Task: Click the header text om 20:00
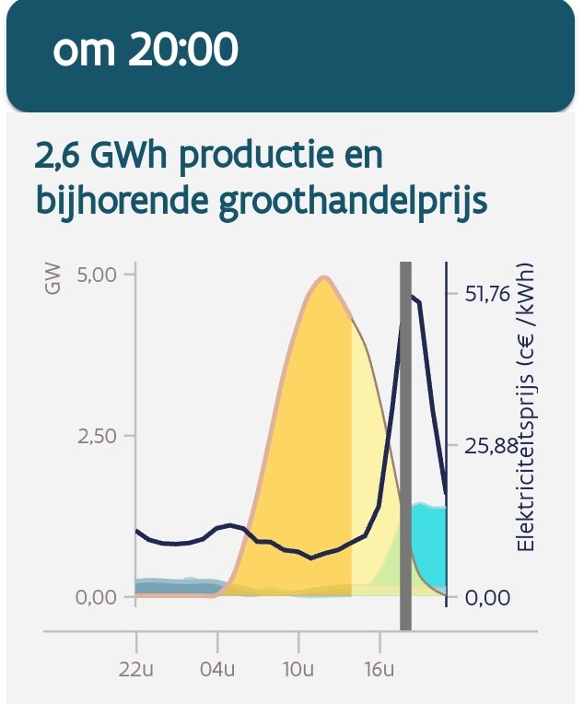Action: coord(146,52)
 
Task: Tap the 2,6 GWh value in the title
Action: coord(101,157)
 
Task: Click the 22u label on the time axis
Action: coord(136,667)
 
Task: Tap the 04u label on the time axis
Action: coord(218,667)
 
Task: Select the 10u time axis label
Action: coord(298,667)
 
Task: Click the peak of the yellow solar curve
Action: coord(323,277)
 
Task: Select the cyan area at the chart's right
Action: coord(429,544)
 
